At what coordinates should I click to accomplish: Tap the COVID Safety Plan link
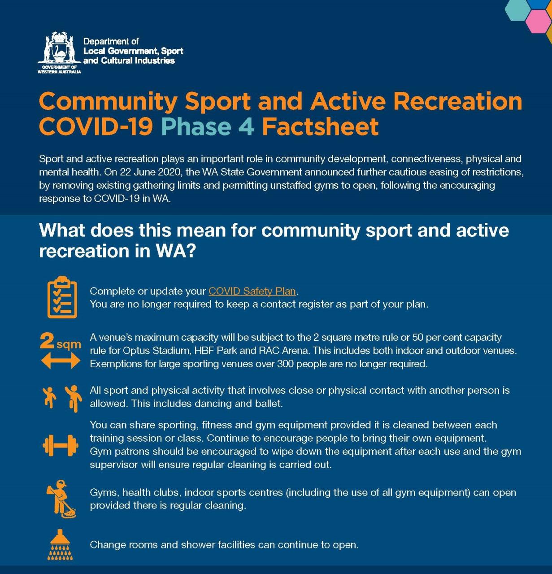point(252,291)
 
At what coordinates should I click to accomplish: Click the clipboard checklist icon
point(62,297)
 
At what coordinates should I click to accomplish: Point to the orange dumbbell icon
point(61,445)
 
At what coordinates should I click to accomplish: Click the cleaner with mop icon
point(61,499)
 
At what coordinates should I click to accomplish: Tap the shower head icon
point(60,545)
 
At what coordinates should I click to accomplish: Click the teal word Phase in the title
point(196,126)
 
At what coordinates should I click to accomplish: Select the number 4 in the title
point(246,126)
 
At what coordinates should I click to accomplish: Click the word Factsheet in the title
point(320,126)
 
